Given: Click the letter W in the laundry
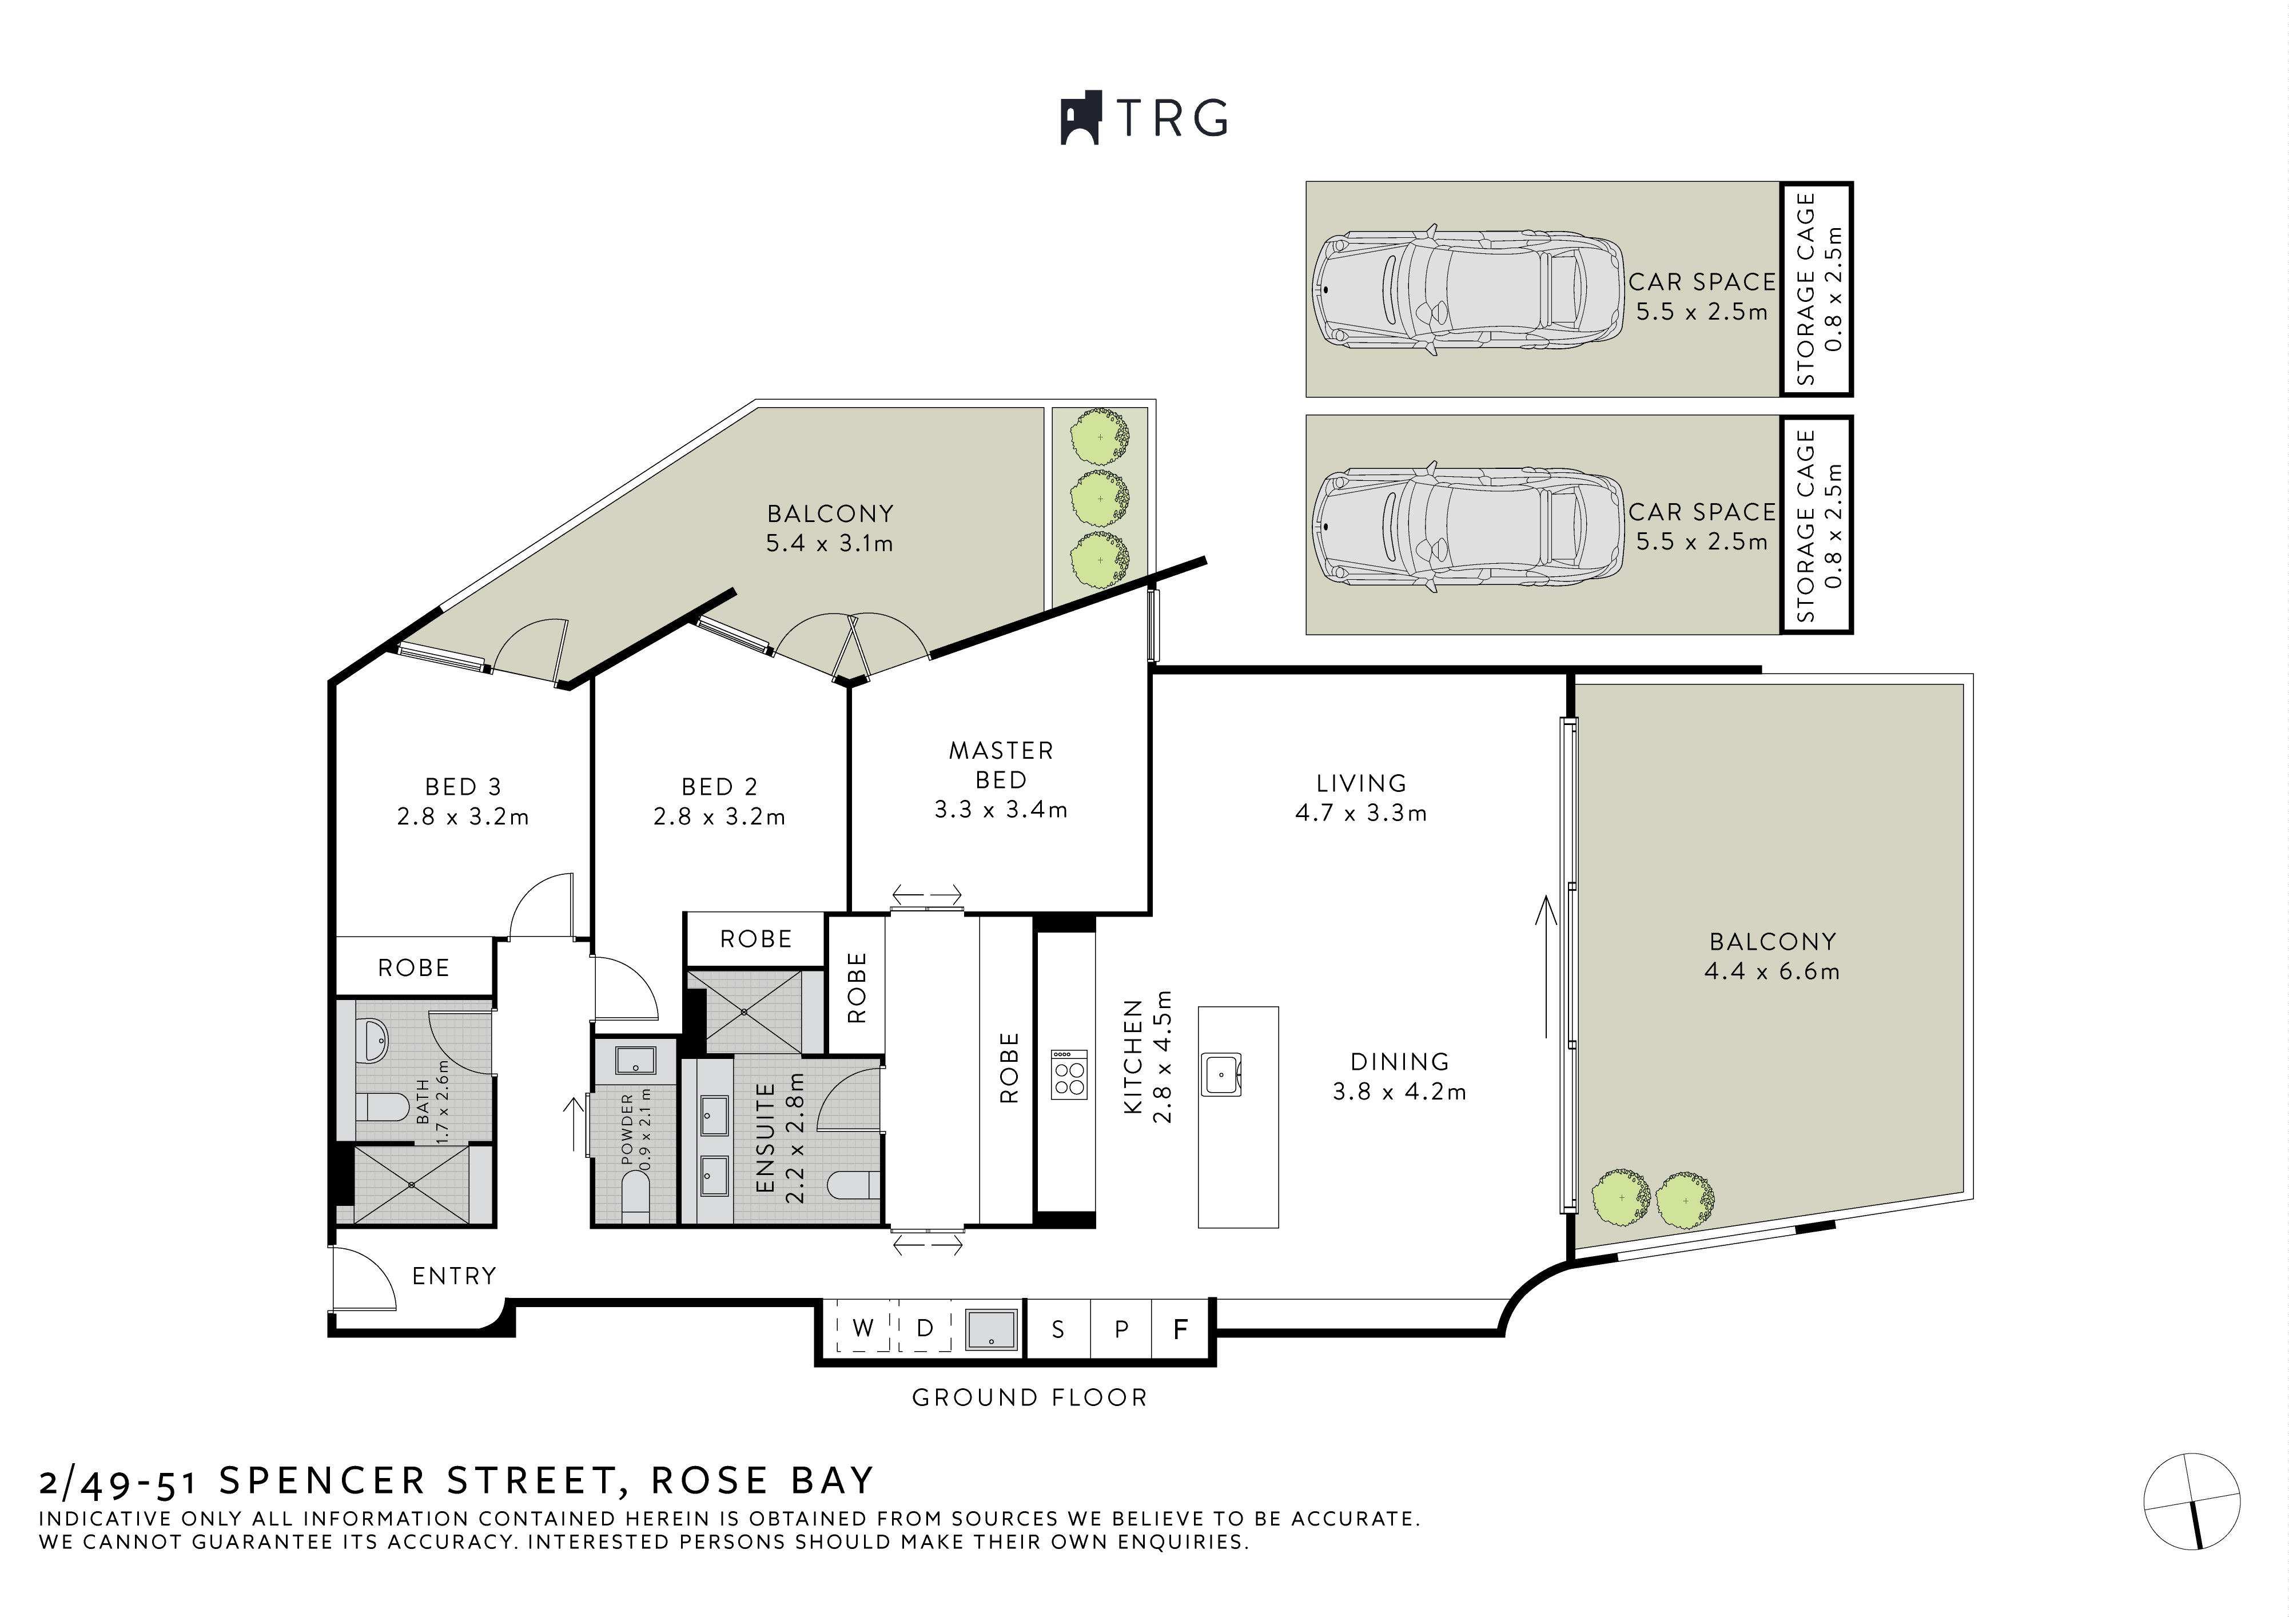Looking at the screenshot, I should [x=863, y=1328].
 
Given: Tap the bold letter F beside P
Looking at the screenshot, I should [x=1180, y=1329].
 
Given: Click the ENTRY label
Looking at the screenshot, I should [x=453, y=1276].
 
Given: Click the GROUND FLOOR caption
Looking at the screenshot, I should [x=1030, y=1397].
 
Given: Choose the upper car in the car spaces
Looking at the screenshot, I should [x=1463, y=290].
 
